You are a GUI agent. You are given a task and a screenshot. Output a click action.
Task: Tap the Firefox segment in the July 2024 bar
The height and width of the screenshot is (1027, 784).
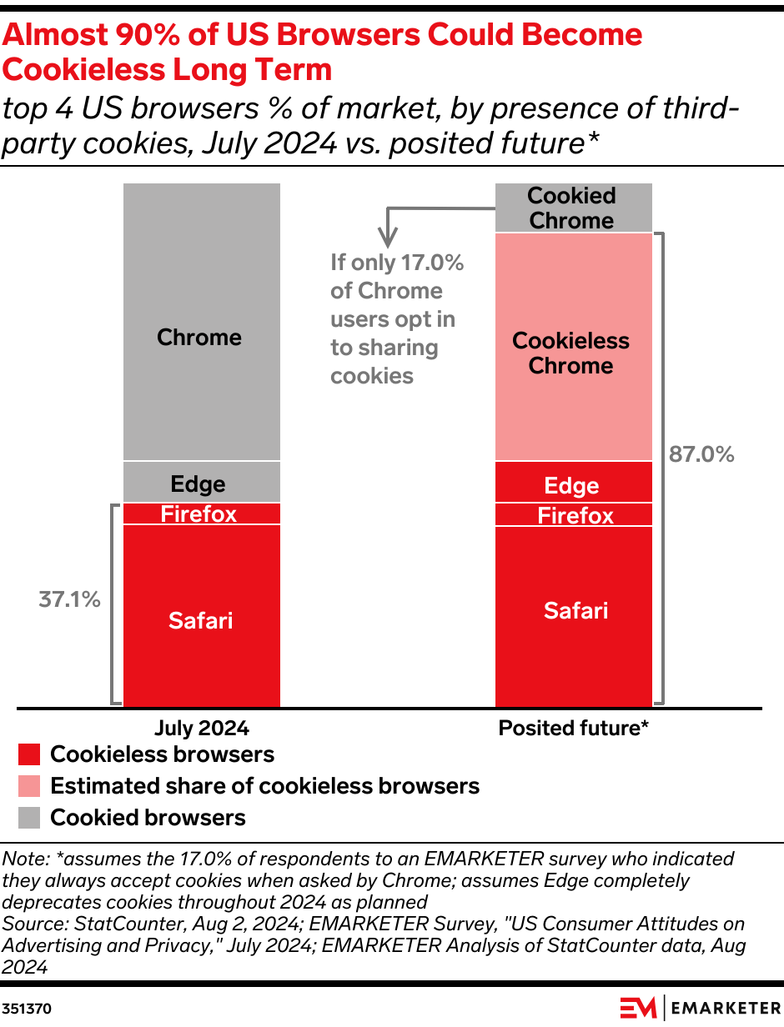pyautogui.click(x=201, y=513)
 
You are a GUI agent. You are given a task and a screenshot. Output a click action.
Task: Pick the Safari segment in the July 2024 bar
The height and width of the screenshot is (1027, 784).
pyautogui.click(x=201, y=619)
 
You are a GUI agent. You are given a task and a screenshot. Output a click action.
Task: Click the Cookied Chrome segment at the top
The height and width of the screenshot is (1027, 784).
pyautogui.click(x=573, y=208)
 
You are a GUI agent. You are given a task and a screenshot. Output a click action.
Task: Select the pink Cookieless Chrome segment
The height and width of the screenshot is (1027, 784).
pyautogui.click(x=573, y=353)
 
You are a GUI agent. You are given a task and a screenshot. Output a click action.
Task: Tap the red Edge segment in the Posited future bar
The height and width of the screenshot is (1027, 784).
pyautogui.click(x=573, y=484)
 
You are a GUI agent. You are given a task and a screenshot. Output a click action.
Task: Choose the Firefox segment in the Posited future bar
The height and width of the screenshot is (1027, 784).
pyautogui.click(x=573, y=515)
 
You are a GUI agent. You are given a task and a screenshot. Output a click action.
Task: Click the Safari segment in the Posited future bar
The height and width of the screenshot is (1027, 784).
pyautogui.click(x=573, y=611)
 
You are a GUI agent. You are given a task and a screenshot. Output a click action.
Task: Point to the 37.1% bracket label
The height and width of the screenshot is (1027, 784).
pyautogui.click(x=69, y=599)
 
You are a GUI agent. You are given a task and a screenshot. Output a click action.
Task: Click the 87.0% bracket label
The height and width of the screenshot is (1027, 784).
pyautogui.click(x=701, y=454)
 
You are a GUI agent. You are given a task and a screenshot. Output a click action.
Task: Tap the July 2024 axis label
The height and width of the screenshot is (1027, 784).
pyautogui.click(x=201, y=728)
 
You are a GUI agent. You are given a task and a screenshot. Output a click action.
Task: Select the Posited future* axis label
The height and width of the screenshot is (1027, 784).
pyautogui.click(x=573, y=728)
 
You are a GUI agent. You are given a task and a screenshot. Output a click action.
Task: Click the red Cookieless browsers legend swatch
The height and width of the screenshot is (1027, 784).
pyautogui.click(x=29, y=755)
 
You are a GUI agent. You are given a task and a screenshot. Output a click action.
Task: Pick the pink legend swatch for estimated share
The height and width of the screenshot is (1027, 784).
pyautogui.click(x=29, y=786)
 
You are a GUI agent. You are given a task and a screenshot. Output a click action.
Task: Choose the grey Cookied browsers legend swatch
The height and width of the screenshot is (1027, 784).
pyautogui.click(x=29, y=818)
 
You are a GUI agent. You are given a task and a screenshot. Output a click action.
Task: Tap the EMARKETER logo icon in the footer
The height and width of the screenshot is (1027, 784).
pyautogui.click(x=638, y=1007)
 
